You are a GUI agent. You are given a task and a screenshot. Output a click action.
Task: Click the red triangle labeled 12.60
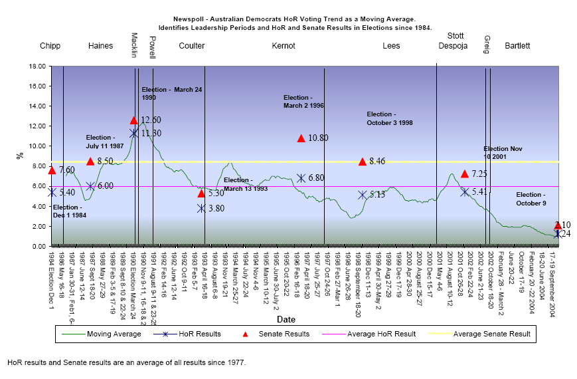click(133, 120)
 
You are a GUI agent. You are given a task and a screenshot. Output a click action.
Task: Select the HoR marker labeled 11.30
click(133, 133)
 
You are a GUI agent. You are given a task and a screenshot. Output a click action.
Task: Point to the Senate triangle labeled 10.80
click(301, 138)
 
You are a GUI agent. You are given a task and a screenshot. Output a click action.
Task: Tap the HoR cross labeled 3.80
click(201, 208)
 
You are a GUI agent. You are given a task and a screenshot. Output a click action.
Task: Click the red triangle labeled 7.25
click(465, 174)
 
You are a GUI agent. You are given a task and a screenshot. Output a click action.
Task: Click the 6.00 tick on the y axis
click(37, 186)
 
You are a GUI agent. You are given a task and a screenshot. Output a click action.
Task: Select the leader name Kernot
click(284, 46)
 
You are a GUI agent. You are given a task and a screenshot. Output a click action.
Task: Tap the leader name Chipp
click(50, 46)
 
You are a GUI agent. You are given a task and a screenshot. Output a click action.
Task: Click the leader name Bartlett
click(517, 46)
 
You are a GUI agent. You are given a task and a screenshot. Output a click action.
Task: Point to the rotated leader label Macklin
click(134, 45)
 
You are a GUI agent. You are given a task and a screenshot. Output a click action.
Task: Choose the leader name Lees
click(391, 46)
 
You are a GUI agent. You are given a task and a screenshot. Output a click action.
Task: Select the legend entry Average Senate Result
click(492, 333)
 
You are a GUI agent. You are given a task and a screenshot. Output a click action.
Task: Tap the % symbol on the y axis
click(18, 156)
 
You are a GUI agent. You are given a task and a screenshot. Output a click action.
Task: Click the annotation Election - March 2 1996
click(303, 101)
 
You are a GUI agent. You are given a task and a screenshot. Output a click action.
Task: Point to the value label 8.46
click(377, 161)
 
